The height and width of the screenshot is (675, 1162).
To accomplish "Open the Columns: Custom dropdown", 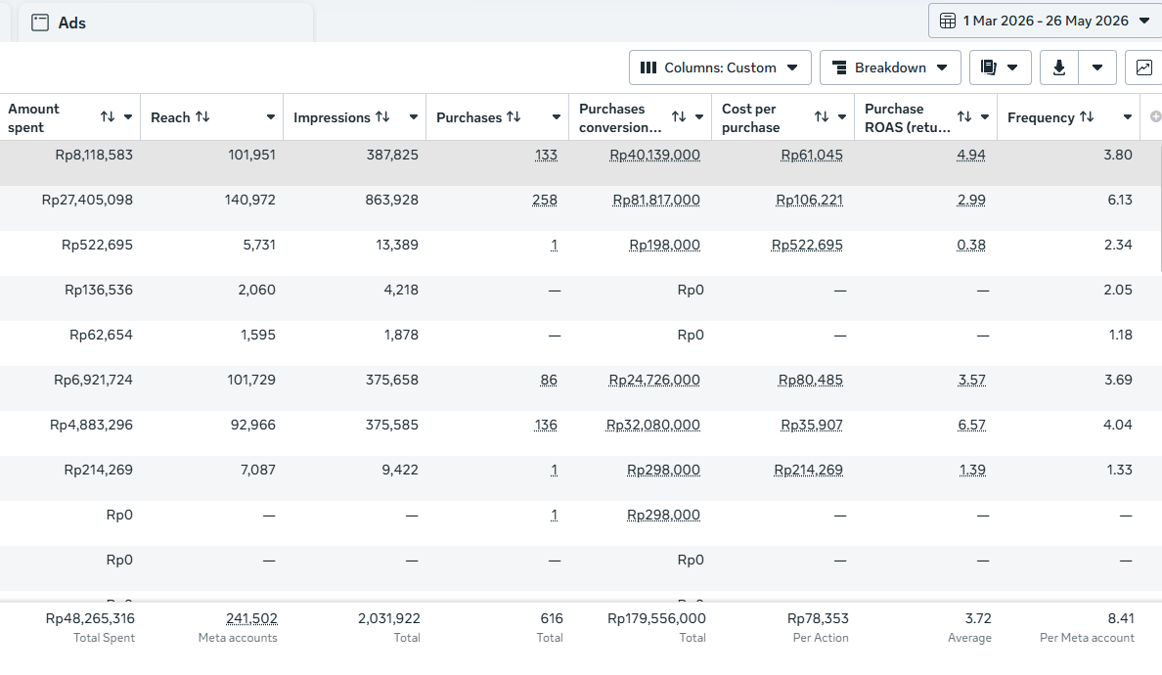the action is (x=720, y=67).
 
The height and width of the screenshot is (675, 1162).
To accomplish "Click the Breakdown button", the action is (x=890, y=67).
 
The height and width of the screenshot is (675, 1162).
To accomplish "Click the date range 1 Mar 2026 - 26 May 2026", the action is (x=1046, y=21).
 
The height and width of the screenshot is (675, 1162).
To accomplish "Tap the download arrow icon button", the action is (x=1059, y=67).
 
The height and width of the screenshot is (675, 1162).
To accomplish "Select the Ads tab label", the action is (x=71, y=22).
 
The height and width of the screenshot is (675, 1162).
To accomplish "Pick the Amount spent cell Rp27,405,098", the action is (x=87, y=201).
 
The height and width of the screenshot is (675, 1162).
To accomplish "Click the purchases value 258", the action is (x=545, y=201).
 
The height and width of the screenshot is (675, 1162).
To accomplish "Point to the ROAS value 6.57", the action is (x=971, y=426).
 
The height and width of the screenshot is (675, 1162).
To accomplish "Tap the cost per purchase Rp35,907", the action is (x=812, y=426).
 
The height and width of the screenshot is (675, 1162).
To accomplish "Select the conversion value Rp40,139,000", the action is (x=654, y=155).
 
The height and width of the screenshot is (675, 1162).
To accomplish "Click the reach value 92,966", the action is (x=252, y=426).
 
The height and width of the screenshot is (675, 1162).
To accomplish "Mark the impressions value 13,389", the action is (x=397, y=246).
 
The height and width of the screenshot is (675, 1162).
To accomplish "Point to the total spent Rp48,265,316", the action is (x=90, y=618).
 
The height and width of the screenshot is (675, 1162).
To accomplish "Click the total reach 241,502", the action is (x=252, y=618).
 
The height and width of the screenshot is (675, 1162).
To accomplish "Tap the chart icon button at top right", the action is (x=1143, y=67).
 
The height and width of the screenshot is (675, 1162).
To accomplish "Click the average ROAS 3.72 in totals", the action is (x=978, y=618).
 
